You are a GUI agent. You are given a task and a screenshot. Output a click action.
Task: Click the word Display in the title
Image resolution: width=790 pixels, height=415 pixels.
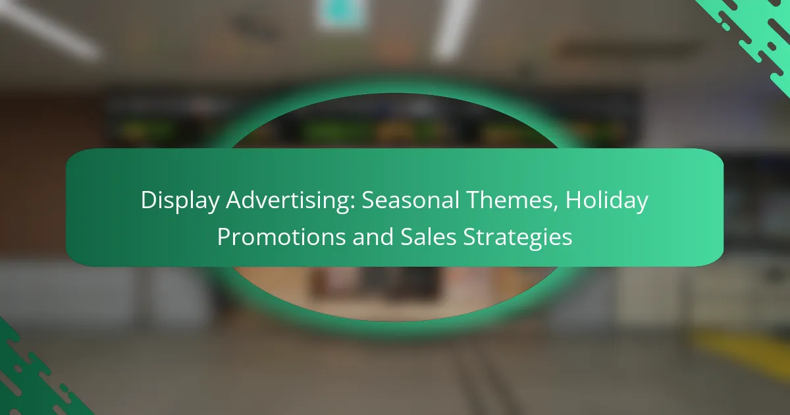180,201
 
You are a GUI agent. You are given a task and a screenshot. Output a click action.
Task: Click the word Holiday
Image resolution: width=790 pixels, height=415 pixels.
606,201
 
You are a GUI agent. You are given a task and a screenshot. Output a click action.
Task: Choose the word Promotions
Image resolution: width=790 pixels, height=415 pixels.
281,236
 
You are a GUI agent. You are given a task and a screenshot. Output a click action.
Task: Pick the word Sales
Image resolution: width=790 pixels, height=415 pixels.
429,236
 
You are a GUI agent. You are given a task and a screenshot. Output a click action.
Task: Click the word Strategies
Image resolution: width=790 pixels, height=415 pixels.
517,238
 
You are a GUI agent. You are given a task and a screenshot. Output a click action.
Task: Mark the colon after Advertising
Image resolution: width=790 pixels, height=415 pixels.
353,204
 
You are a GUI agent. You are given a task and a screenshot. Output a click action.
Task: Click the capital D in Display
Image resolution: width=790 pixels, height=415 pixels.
149,200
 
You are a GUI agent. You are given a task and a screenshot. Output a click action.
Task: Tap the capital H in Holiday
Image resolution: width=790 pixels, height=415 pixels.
573,200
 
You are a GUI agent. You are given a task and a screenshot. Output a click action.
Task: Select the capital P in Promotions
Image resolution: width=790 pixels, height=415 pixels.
224,236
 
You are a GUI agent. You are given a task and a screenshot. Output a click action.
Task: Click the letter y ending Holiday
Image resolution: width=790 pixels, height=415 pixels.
641,204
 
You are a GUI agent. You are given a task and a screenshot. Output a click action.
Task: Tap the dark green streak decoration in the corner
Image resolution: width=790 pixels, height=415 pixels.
32,374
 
